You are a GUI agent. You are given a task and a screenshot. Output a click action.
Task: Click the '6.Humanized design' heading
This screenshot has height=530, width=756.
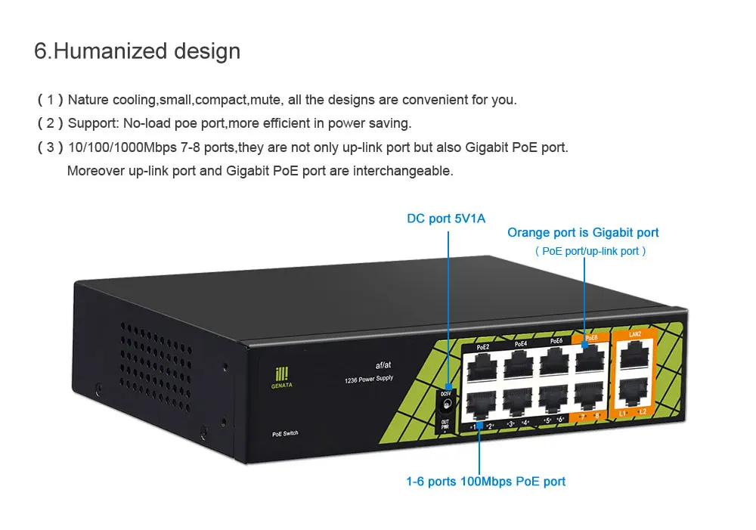(138, 51)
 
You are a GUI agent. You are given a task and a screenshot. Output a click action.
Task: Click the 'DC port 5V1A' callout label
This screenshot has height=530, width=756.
(446, 219)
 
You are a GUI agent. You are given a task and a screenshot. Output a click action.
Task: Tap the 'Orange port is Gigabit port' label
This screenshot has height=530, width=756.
(583, 233)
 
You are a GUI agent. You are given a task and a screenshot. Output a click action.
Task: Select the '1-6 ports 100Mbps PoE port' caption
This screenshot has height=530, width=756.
(485, 481)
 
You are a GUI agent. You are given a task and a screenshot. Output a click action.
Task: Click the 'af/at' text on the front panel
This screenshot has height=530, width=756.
(382, 365)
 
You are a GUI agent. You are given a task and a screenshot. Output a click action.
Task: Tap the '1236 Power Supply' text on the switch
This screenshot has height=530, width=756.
(369, 378)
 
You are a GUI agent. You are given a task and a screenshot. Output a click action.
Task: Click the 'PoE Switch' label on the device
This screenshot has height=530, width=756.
(285, 433)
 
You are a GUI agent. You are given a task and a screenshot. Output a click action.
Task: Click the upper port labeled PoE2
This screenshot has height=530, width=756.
(482, 367)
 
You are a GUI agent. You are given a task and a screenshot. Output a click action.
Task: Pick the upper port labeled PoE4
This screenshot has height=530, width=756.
(519, 364)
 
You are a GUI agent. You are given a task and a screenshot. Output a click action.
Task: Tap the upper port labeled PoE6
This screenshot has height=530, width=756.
(555, 361)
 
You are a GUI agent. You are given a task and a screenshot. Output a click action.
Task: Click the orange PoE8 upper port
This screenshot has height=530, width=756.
(590, 359)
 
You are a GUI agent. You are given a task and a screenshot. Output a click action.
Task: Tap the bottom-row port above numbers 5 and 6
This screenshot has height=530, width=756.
(554, 398)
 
